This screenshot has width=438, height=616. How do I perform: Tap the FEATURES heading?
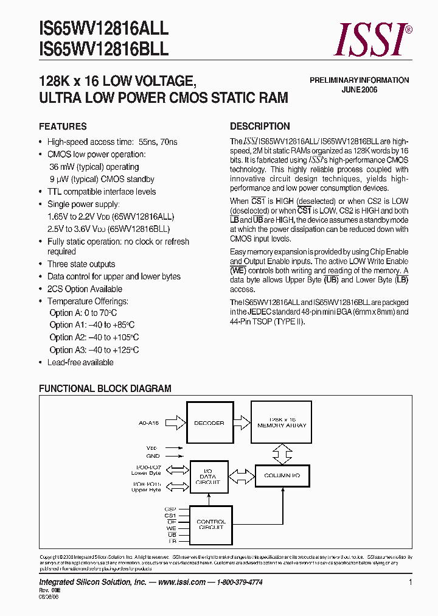(x=63, y=127)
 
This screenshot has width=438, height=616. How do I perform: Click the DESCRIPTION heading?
(x=260, y=127)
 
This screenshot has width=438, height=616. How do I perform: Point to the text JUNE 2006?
(x=360, y=89)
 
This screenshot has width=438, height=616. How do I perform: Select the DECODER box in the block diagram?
(x=209, y=423)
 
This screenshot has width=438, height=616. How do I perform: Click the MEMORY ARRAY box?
(x=282, y=423)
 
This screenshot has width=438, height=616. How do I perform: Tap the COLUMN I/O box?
(x=282, y=475)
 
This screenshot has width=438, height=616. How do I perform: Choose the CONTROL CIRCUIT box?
(x=210, y=525)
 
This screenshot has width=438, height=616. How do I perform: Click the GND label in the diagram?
(x=153, y=455)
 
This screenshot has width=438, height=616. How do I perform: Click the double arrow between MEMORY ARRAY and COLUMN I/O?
(x=282, y=453)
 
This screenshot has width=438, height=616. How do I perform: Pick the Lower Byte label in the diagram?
(x=147, y=473)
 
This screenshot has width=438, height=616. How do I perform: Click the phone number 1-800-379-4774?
(x=239, y=583)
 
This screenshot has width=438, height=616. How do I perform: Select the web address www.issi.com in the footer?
(x=181, y=583)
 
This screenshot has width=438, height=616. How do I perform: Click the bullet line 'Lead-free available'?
(x=80, y=362)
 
